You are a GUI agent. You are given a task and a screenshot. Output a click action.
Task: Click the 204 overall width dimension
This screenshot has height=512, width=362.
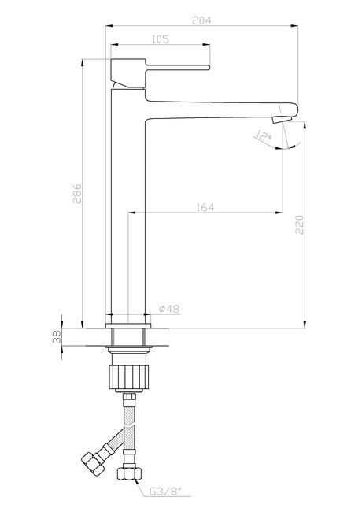click(x=201, y=20)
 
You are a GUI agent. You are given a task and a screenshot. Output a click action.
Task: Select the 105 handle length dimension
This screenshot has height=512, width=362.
click(x=161, y=39)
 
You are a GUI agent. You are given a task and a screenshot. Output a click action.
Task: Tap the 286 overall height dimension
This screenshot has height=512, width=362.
click(x=77, y=193)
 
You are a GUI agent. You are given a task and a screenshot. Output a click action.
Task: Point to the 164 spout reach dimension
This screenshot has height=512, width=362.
click(x=205, y=207)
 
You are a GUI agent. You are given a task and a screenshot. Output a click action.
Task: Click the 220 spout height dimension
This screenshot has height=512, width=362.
click(x=299, y=224)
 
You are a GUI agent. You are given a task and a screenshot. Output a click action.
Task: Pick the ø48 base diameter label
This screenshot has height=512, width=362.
click(x=169, y=309)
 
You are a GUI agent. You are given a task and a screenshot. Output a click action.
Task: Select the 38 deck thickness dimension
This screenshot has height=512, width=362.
click(x=57, y=336)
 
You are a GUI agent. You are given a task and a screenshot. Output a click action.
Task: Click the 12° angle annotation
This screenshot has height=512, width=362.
click(x=264, y=135)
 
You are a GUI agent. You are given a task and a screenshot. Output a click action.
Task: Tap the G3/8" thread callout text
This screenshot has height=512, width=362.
click(x=165, y=500)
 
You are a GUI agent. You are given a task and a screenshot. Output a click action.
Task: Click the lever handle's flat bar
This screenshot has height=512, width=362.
click(x=177, y=67)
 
